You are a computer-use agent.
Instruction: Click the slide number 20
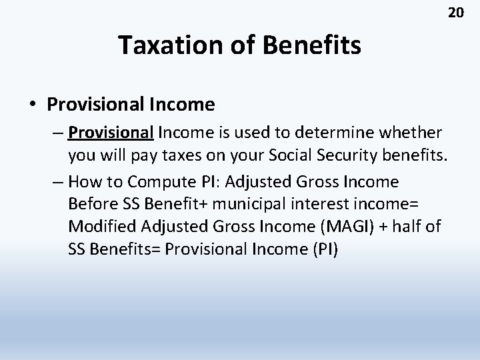click(x=455, y=13)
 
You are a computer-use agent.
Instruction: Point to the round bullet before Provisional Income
click(x=33, y=105)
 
